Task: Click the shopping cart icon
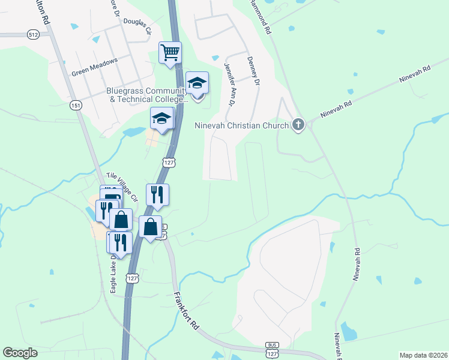click(170, 52)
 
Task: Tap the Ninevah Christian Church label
click(243, 125)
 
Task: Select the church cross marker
click(298, 125)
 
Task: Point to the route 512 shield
click(34, 35)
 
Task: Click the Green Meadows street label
click(94, 66)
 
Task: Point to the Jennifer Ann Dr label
click(230, 84)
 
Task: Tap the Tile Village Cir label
click(122, 187)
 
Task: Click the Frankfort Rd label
click(186, 311)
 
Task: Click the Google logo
click(20, 353)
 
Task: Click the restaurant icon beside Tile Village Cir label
click(157, 194)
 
